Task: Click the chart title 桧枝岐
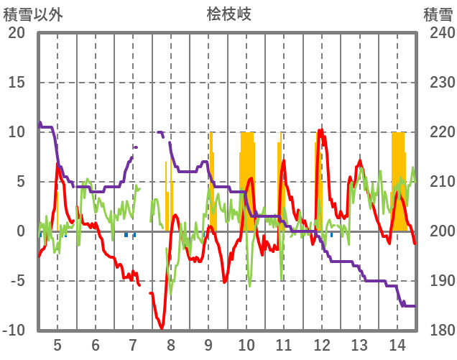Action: [228, 14]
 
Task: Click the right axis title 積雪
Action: [437, 14]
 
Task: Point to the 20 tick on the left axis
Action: [17, 33]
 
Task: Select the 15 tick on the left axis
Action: [17, 83]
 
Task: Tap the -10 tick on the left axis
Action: [14, 331]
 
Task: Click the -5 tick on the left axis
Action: [17, 281]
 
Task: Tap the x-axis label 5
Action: [57, 345]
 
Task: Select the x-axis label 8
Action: [171, 345]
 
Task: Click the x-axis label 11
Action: [283, 345]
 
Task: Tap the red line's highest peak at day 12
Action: [320, 131]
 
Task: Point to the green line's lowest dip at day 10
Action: [249, 286]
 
